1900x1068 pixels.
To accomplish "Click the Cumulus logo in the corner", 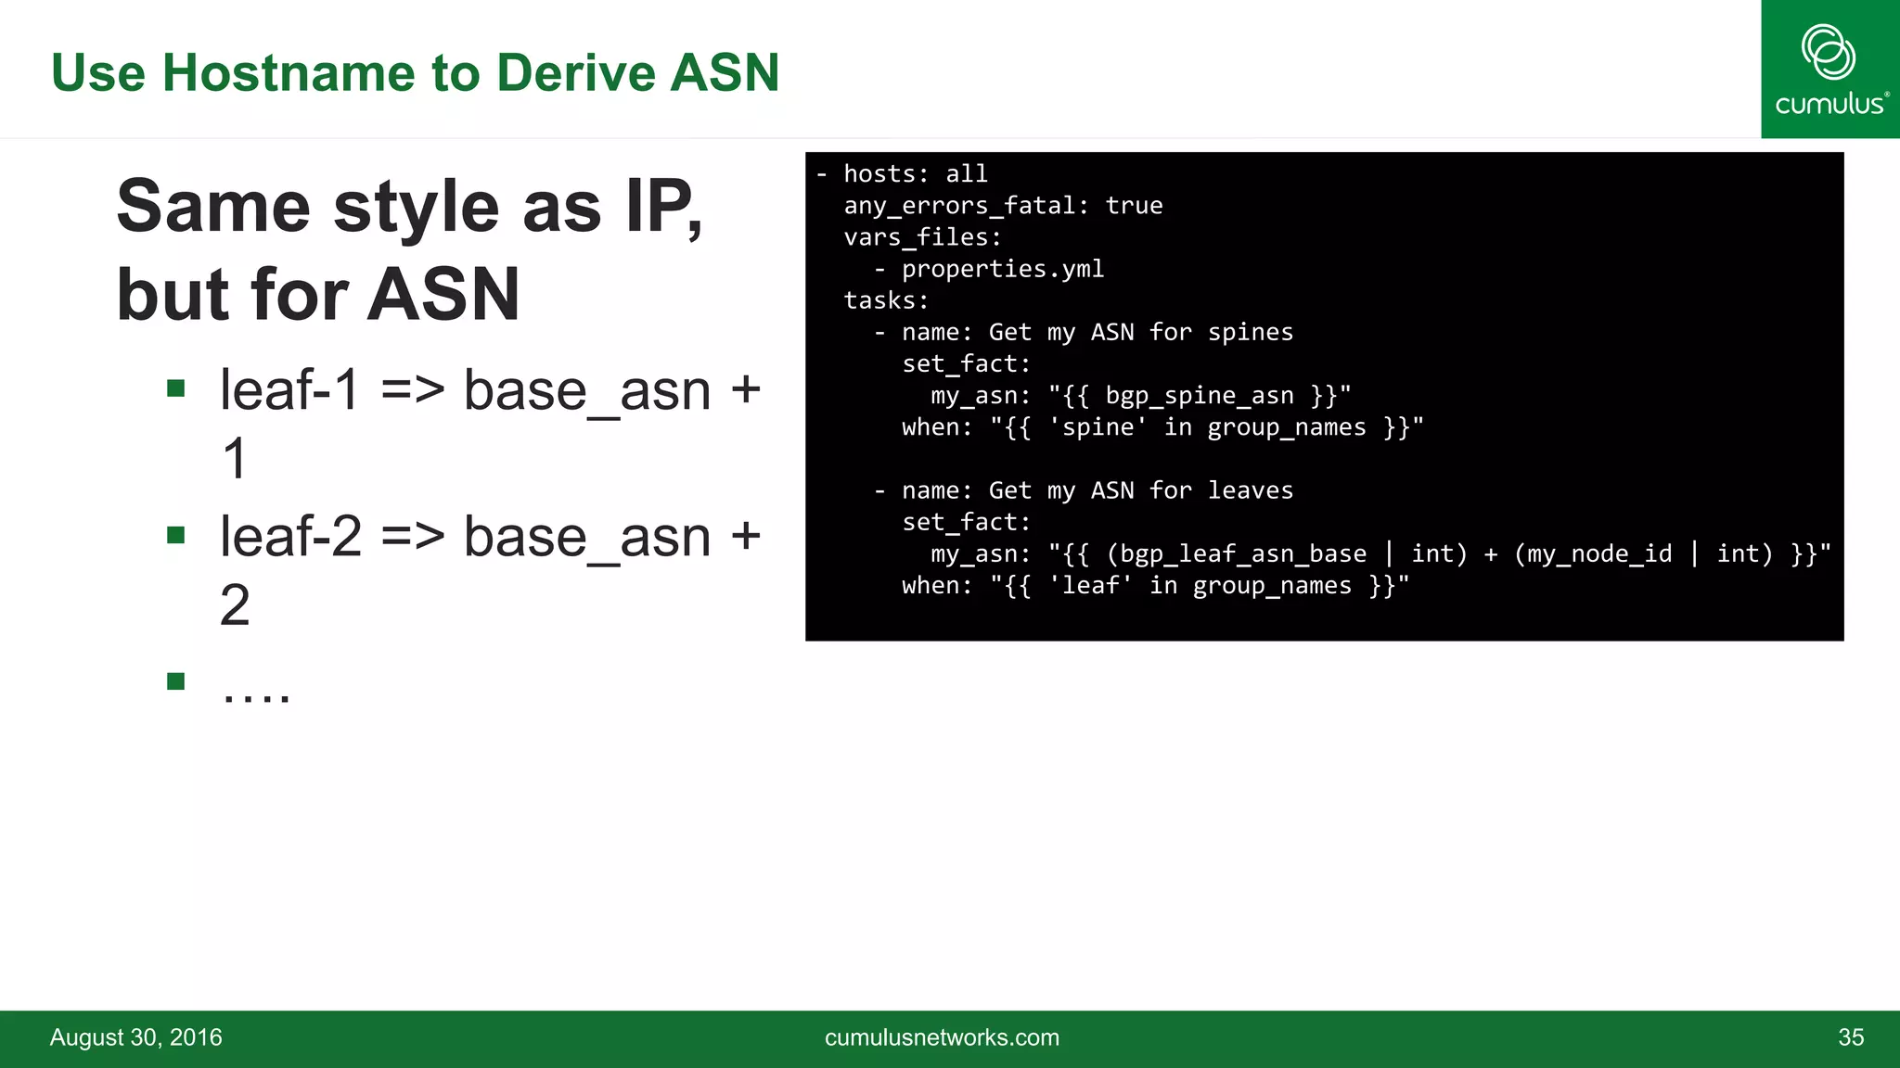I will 1829,70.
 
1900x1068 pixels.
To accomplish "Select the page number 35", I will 1850,1037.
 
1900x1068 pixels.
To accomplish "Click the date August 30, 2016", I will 136,1037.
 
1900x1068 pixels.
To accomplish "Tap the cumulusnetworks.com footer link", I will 942,1037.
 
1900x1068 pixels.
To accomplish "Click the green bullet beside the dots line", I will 176,681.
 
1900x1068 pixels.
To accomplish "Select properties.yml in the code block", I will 1002,269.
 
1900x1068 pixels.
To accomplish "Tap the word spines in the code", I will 1250,332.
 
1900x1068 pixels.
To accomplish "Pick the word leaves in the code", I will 1250,490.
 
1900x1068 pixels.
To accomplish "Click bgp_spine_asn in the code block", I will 1199,396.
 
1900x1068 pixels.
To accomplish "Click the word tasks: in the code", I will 886,300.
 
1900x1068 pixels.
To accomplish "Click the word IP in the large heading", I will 660,207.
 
